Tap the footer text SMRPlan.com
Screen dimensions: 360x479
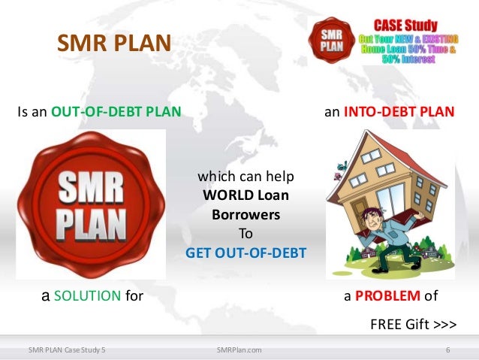[239, 349]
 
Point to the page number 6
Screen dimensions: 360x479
[447, 349]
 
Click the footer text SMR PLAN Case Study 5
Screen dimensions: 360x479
[67, 349]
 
